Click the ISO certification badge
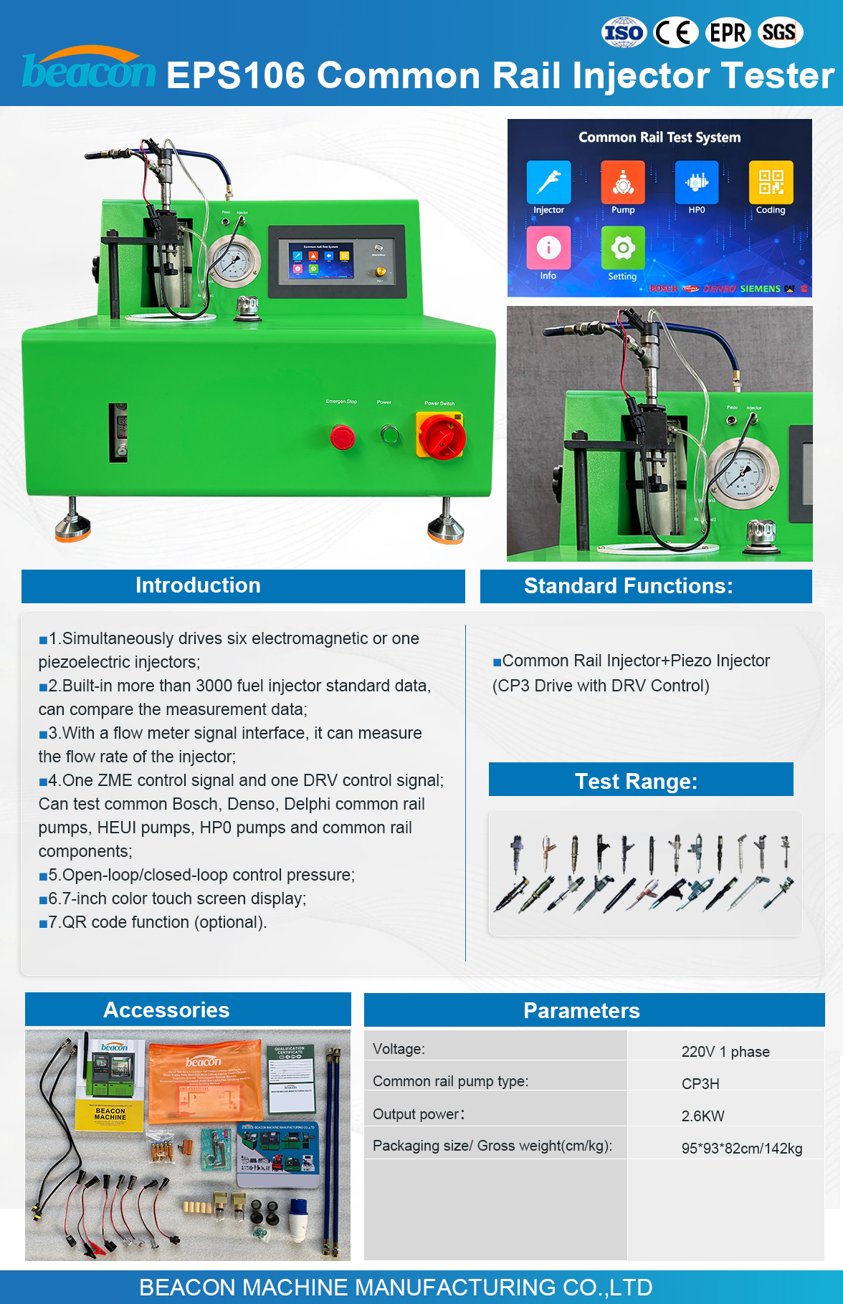[x=623, y=33]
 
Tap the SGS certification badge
[x=779, y=33]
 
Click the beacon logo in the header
[x=88, y=69]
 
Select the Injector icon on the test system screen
[x=548, y=183]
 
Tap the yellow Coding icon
[x=771, y=183]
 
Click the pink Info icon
[x=548, y=248]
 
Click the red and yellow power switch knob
[x=441, y=436]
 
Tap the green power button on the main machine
[x=390, y=434]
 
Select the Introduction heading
[x=198, y=585]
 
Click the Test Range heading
[x=636, y=781]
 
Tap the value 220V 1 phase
[x=725, y=1052]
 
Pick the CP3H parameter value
[x=700, y=1084]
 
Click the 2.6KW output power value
[x=702, y=1116]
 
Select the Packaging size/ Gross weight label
[x=492, y=1146]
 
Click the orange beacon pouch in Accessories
[x=205, y=1082]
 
